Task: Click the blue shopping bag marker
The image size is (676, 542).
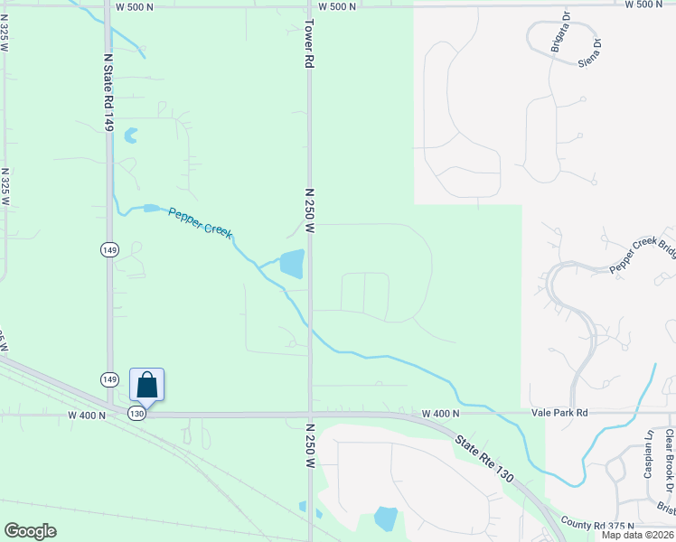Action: tap(146, 386)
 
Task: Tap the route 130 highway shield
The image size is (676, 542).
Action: tap(136, 413)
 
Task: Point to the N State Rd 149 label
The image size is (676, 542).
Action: tap(108, 90)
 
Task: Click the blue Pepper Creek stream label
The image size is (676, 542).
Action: tap(200, 222)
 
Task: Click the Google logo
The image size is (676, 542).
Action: tap(30, 531)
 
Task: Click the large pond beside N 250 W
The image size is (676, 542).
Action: tap(292, 264)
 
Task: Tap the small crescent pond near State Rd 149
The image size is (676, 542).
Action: tap(131, 135)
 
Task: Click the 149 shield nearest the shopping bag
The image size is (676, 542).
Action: tap(108, 378)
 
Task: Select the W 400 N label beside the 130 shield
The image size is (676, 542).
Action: tap(88, 415)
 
